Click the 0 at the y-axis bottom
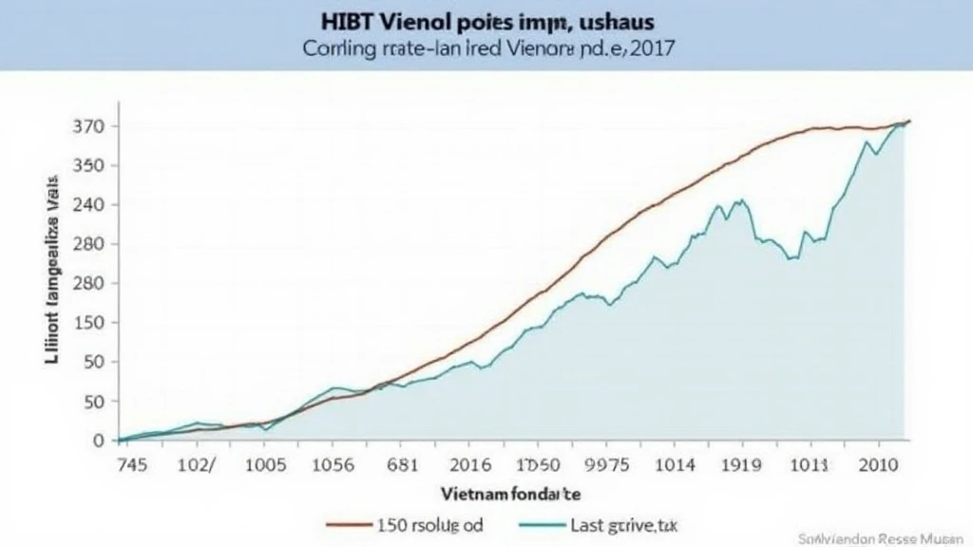(98, 441)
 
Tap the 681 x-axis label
(403, 465)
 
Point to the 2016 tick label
(470, 465)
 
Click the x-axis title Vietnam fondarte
(511, 494)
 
